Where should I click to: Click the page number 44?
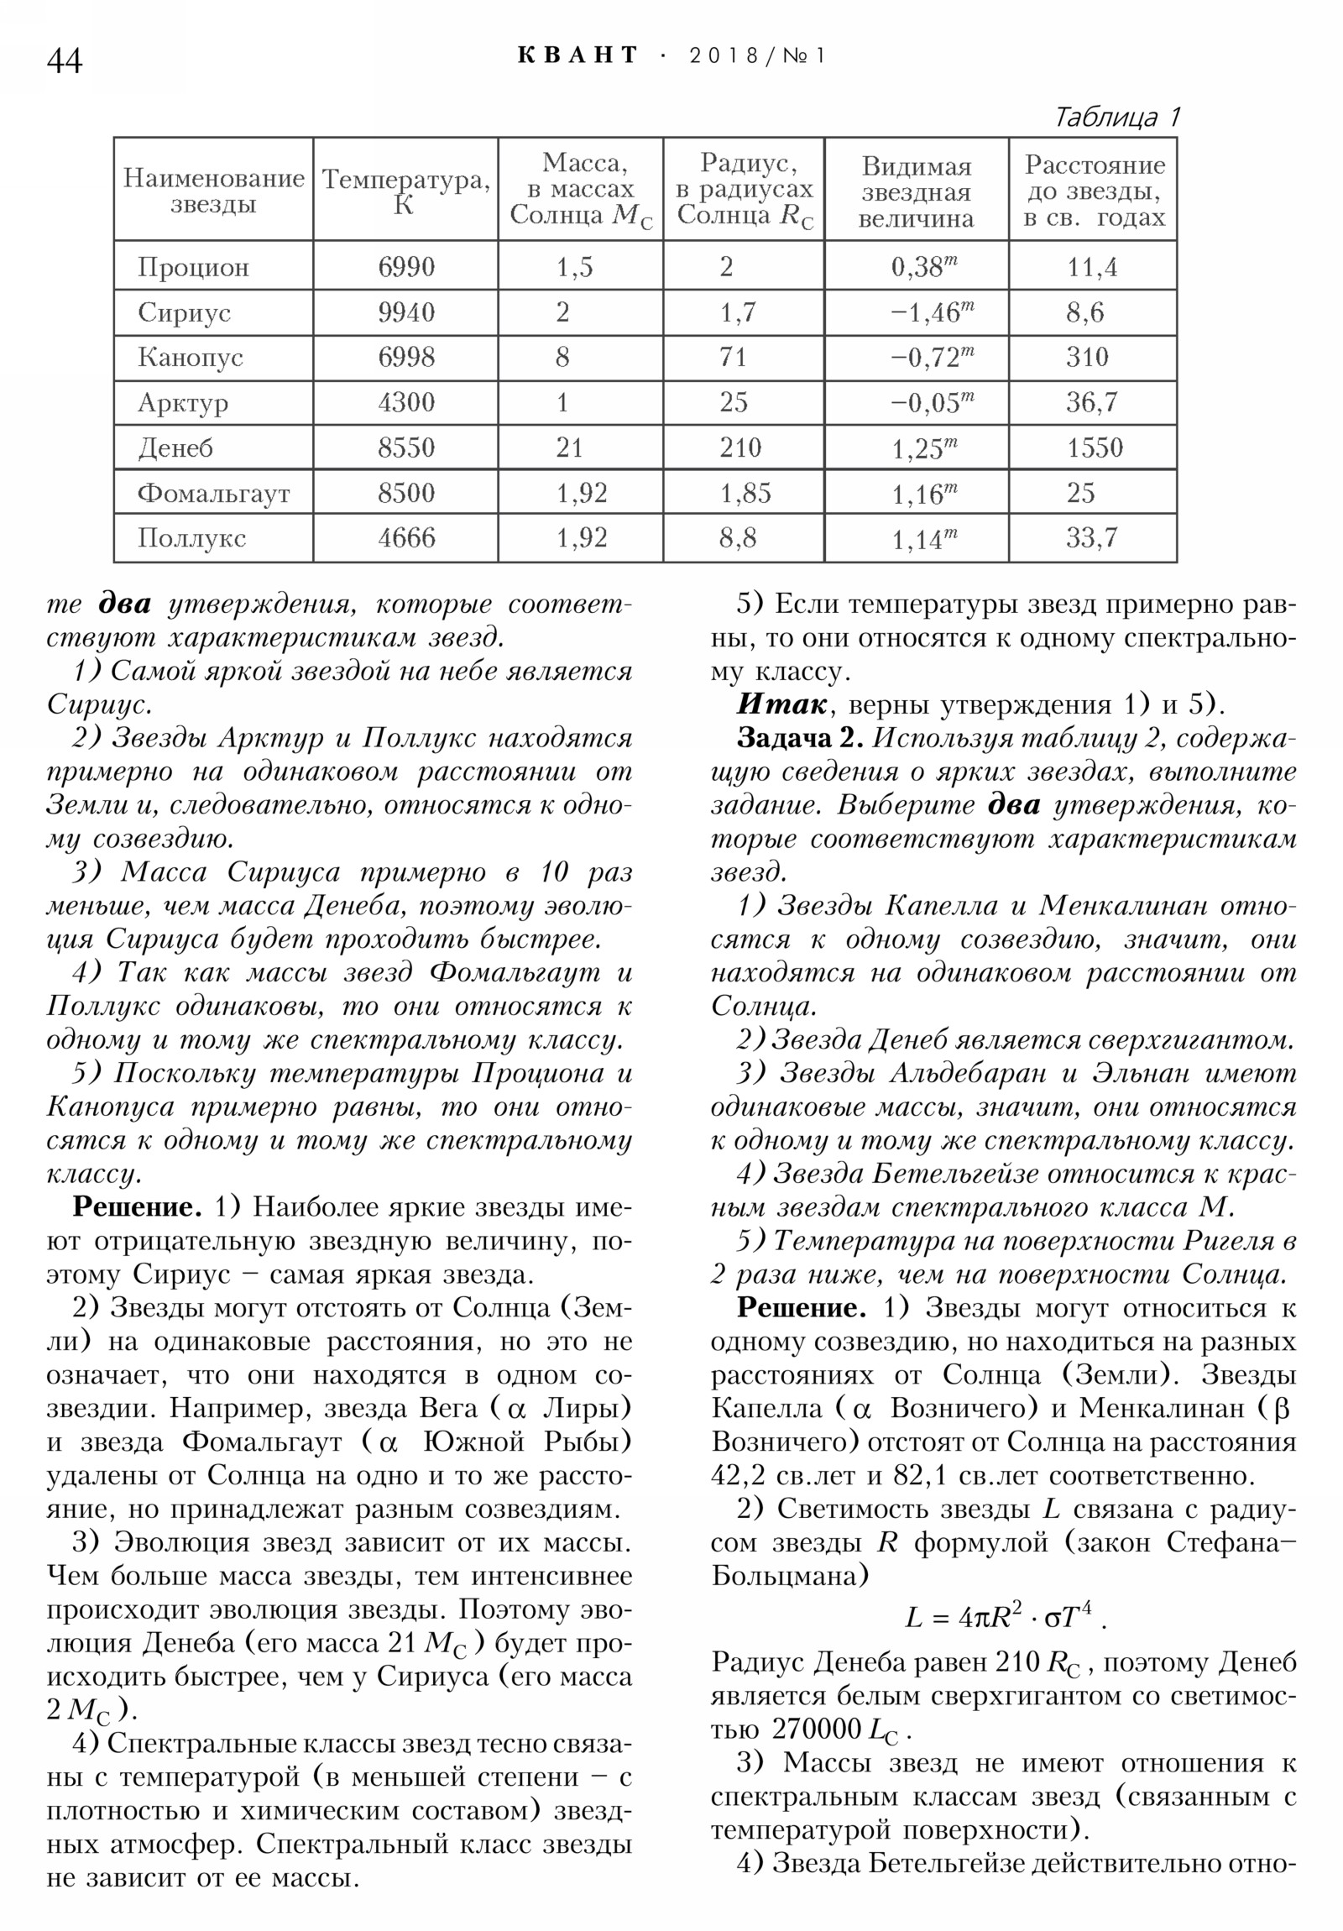click(65, 60)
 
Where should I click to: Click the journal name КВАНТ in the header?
click(577, 55)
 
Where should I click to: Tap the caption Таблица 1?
click(1116, 116)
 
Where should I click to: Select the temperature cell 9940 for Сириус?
click(406, 312)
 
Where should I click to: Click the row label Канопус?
click(190, 358)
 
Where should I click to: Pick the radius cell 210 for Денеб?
click(740, 447)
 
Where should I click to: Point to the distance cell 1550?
click(1094, 447)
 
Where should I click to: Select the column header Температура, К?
click(405, 190)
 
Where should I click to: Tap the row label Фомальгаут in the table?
click(213, 493)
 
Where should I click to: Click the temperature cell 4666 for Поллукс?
click(406, 537)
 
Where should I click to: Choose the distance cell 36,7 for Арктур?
click(1092, 402)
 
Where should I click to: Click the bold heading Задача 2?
click(800, 738)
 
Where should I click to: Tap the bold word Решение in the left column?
click(137, 1207)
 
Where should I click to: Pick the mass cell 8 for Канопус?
click(562, 358)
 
